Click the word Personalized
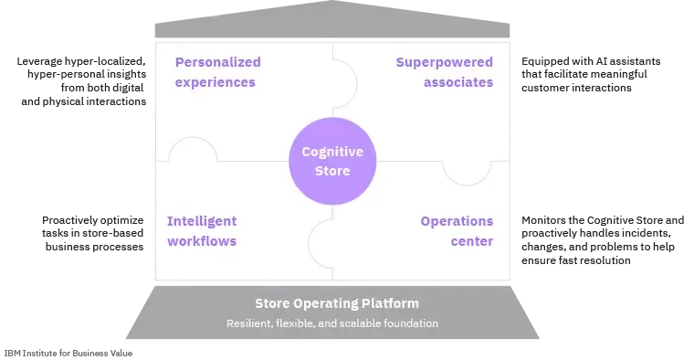tap(217, 62)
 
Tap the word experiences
tap(215, 82)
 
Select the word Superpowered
tap(444, 62)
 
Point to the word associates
tap(458, 82)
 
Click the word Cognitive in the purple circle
tap(332, 152)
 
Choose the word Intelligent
tap(202, 221)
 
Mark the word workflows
tap(202, 241)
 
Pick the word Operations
tap(457, 221)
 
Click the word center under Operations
tap(471, 241)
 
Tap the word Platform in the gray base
tap(393, 303)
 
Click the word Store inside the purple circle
tap(332, 171)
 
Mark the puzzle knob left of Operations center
tap(321, 242)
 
